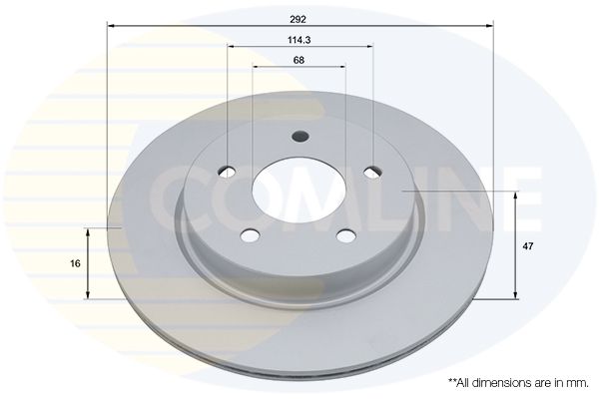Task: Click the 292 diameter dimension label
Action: coord(298,20)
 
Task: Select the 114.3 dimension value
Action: coord(299,40)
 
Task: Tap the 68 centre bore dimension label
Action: coord(299,60)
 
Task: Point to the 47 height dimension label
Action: coord(528,246)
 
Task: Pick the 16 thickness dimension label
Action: coord(75,263)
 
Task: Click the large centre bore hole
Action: coord(299,190)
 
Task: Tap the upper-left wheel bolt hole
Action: coord(227,172)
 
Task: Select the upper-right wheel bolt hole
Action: coord(372,172)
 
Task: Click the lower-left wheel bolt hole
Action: coord(251,235)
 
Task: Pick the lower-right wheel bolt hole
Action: coord(346,235)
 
